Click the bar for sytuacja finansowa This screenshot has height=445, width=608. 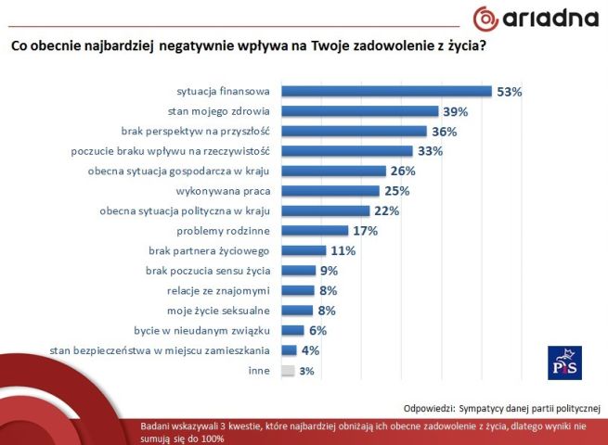385,91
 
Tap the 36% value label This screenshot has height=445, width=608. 445,132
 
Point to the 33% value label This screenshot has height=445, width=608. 430,151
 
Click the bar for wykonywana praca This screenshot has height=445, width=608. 330,191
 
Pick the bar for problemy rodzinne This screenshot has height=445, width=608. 314,231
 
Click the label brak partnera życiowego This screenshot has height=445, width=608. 209,250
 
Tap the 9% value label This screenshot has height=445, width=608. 329,271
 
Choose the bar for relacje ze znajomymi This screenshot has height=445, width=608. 296,290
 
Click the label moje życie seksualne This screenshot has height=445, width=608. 218,311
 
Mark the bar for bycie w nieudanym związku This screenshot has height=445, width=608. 291,330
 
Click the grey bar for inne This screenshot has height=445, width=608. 287,371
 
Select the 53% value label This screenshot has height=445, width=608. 510,92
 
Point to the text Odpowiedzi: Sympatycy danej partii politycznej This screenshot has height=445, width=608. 502,407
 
